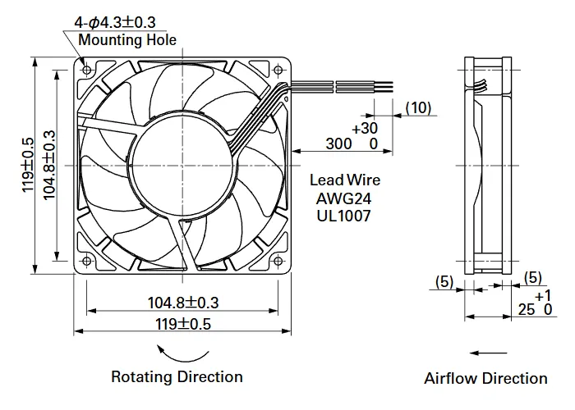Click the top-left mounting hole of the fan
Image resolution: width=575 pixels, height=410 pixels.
(87, 70)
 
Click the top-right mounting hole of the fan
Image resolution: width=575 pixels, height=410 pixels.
(278, 70)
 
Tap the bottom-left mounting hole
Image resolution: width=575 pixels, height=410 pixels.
(87, 261)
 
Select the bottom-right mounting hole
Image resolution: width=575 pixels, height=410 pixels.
(278, 261)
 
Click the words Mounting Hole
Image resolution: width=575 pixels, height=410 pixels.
(127, 40)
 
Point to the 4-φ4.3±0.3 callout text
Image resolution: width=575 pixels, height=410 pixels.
(115, 23)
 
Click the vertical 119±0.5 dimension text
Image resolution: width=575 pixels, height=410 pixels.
(28, 165)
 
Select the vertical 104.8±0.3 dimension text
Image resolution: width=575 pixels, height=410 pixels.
(49, 165)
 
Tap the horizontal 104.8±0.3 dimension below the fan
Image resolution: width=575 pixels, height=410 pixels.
(183, 303)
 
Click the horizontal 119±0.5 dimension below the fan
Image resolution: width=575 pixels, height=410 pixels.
(183, 324)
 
